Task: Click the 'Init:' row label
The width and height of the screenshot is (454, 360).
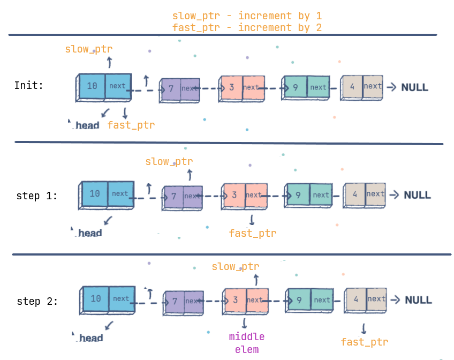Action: click(x=29, y=85)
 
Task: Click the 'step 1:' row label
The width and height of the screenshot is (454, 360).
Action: click(x=37, y=196)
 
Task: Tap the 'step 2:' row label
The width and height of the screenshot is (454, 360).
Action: click(x=37, y=301)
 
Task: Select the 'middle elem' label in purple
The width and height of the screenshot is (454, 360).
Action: click(x=247, y=343)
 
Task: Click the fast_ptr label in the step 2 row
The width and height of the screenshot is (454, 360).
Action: click(x=365, y=342)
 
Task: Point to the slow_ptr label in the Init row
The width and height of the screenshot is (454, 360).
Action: click(x=89, y=49)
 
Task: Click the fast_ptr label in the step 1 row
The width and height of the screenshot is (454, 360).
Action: click(x=253, y=233)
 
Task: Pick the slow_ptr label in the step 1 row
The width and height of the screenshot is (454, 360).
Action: click(x=169, y=161)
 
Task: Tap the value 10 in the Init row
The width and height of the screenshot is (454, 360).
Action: click(x=92, y=86)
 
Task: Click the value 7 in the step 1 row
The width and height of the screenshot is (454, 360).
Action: click(x=173, y=196)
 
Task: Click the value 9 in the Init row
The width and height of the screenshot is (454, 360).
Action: click(x=295, y=87)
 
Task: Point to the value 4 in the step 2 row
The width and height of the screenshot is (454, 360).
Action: click(x=356, y=299)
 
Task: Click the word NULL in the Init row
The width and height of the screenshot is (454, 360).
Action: click(x=415, y=87)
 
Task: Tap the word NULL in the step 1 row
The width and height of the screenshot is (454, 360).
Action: click(x=417, y=195)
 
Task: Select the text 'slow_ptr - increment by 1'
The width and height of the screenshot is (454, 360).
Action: click(x=247, y=16)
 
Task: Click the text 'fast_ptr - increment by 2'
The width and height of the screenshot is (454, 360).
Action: click(x=247, y=27)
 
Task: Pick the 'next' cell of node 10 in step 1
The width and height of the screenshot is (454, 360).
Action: click(x=120, y=193)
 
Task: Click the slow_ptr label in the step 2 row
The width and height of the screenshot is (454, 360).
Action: click(x=236, y=266)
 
